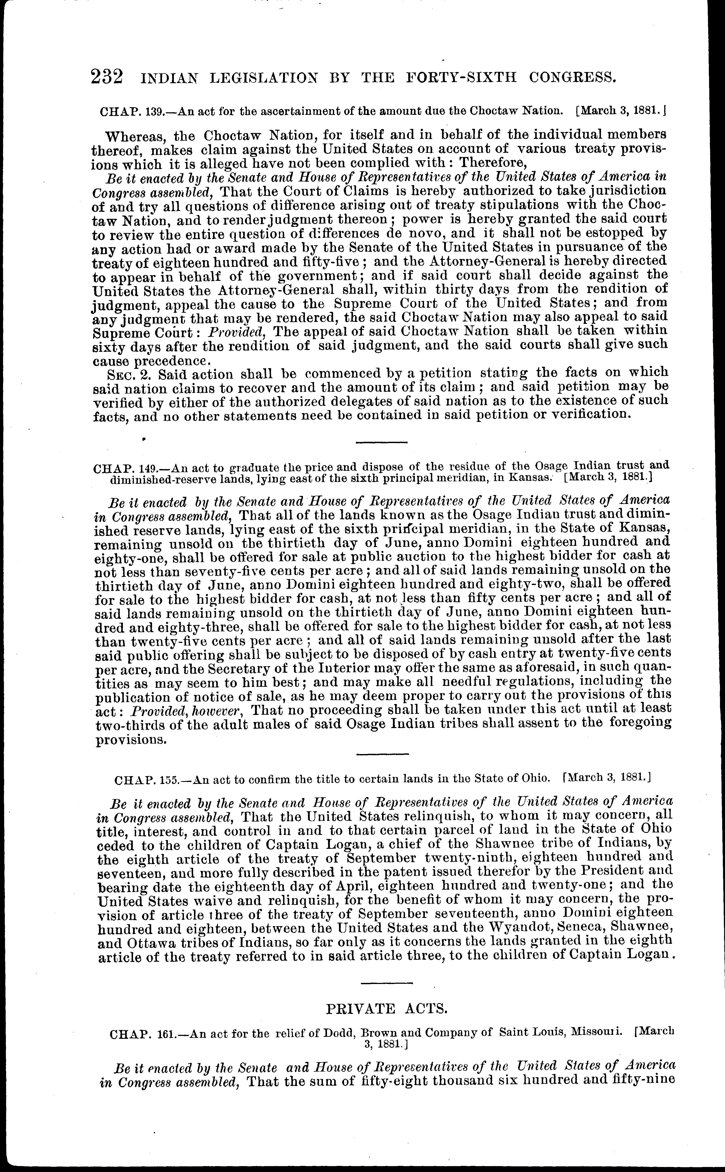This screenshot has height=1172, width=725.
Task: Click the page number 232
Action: [x=106, y=77]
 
